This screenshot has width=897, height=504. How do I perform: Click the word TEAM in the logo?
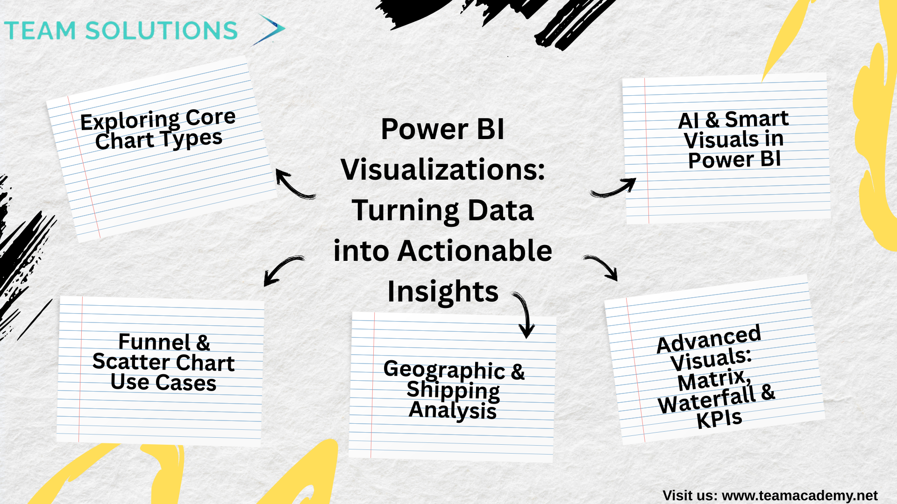40,31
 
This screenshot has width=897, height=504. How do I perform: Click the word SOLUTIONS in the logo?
162,31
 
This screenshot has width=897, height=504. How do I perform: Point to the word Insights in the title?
443,292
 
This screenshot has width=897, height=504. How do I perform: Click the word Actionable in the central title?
475,251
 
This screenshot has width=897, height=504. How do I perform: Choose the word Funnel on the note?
155,342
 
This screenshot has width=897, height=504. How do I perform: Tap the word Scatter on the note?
131,362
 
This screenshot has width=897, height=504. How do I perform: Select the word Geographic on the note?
444,370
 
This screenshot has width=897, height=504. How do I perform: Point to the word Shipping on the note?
453,391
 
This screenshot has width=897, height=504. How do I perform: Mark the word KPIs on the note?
719,419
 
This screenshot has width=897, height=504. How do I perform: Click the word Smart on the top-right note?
757,119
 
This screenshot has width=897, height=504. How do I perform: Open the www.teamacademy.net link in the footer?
800,495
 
